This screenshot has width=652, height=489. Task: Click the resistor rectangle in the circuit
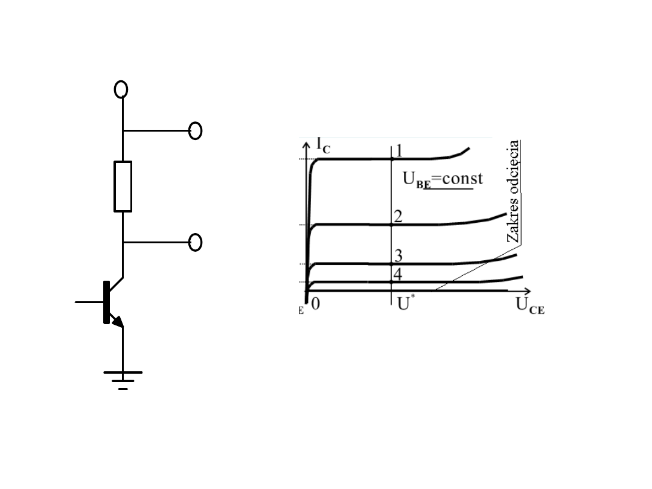(x=123, y=187)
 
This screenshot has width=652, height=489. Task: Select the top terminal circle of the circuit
(x=121, y=89)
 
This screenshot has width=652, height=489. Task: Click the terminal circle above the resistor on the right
(x=196, y=130)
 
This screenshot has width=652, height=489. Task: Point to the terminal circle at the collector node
(x=196, y=243)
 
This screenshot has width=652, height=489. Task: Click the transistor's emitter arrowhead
(x=118, y=321)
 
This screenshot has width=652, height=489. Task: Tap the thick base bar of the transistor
(x=106, y=302)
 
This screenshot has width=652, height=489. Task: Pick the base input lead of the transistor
(x=89, y=302)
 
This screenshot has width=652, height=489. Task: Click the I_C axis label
(x=323, y=145)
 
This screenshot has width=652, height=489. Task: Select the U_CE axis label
(x=530, y=305)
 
